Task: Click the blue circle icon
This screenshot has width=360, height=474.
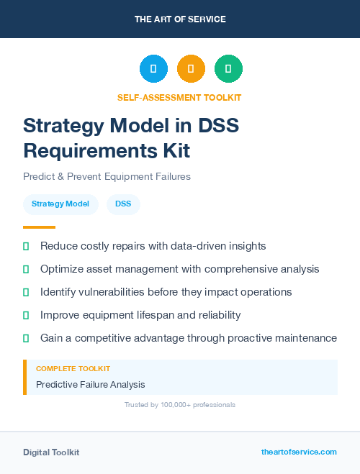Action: click(153, 69)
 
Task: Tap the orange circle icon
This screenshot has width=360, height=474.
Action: click(191, 69)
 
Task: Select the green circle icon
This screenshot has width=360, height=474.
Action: click(228, 69)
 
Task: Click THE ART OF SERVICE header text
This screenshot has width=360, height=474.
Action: click(180, 19)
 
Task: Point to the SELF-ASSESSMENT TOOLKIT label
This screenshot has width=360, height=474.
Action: click(179, 97)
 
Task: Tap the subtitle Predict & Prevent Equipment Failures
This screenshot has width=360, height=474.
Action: click(107, 176)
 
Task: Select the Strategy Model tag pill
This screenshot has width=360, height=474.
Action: click(60, 204)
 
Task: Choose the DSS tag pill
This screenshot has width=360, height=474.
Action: click(123, 204)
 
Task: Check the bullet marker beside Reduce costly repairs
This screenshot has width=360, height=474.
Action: click(26, 246)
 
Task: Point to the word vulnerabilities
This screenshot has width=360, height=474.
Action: click(117, 292)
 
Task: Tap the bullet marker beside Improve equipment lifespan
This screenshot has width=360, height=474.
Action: click(26, 315)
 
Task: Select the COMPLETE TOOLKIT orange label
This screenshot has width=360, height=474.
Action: click(73, 368)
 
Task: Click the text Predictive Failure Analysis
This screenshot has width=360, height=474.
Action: click(91, 384)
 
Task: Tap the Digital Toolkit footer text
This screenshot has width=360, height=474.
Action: click(51, 452)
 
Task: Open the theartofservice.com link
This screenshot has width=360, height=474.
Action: click(299, 452)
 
